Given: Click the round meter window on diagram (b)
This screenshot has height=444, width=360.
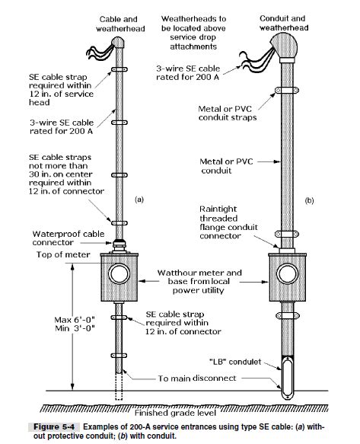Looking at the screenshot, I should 290,273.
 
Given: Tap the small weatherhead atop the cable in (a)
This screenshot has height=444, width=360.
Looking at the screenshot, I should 119,43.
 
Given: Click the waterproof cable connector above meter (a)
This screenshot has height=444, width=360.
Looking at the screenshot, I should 119,245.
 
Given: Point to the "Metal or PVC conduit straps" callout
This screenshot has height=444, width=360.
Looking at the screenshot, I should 227,113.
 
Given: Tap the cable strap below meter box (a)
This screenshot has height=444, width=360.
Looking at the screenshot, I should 119,316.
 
